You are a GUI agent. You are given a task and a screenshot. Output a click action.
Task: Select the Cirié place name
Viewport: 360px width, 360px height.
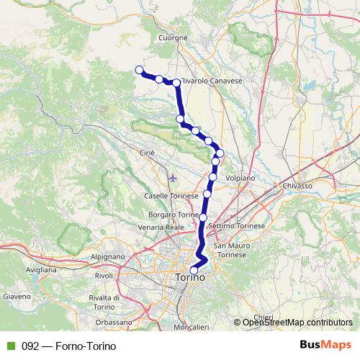tap(146, 153)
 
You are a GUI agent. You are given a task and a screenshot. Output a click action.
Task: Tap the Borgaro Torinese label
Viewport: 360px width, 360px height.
tap(173, 215)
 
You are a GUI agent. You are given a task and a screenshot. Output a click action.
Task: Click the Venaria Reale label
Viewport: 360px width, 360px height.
tap(162, 227)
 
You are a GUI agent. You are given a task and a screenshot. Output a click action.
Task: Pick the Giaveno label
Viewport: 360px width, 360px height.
tap(17, 295)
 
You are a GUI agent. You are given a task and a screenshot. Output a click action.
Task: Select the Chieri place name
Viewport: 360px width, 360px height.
tap(264, 316)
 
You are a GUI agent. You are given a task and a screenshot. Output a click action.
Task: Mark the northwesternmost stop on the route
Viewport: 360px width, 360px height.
tap(139, 70)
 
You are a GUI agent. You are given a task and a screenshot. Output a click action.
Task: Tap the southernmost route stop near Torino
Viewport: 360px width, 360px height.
tap(194, 270)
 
